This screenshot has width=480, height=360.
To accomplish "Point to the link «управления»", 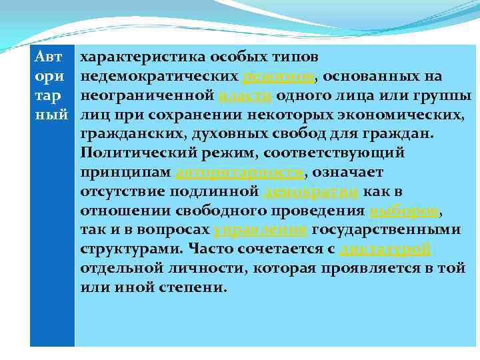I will (x=260, y=231).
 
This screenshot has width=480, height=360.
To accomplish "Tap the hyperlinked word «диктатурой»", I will (x=385, y=251).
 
